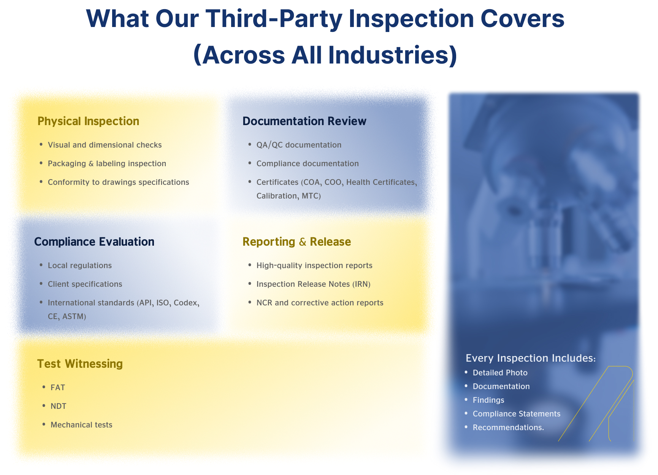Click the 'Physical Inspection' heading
tap(88, 121)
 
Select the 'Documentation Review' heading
tap(304, 121)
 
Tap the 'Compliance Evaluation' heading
tap(94, 242)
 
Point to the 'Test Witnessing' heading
tap(80, 364)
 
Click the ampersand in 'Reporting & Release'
tap(303, 242)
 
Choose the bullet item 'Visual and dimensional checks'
tap(105, 145)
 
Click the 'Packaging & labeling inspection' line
tap(107, 164)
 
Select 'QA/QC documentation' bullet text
tap(299, 145)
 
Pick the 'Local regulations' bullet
tap(80, 265)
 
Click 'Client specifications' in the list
tap(85, 284)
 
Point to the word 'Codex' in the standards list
tap(186, 303)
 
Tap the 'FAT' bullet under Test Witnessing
tap(58, 388)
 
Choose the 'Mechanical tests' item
tap(81, 425)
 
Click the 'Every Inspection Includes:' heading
tap(531, 358)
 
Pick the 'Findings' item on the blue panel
tap(488, 400)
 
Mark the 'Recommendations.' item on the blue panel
tap(508, 427)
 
